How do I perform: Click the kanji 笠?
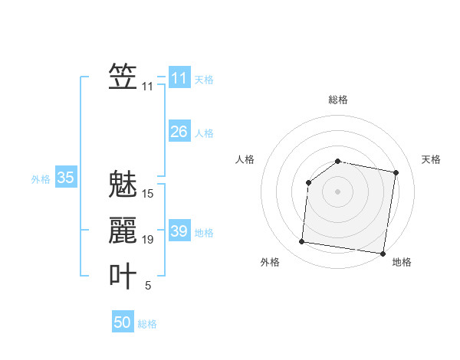point(123,77)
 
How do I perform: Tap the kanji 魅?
point(123,185)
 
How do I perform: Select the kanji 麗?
point(123,231)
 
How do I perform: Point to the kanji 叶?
point(123,277)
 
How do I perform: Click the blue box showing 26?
point(179,132)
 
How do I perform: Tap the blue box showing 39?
point(179,231)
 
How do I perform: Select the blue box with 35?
point(65,178)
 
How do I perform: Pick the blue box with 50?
point(123,322)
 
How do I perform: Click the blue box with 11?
point(179,78)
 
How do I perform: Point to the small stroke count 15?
point(148,194)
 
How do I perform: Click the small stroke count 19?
point(148,240)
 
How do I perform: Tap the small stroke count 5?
point(148,286)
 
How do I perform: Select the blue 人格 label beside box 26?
point(204,133)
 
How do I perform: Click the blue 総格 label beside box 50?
point(147,324)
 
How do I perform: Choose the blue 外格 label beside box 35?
point(41,179)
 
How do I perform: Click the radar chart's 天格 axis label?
point(432,159)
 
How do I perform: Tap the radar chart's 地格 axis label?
point(402,262)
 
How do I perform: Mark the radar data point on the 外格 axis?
point(301,242)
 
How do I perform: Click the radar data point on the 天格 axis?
point(396,173)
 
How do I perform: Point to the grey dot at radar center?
point(337,191)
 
